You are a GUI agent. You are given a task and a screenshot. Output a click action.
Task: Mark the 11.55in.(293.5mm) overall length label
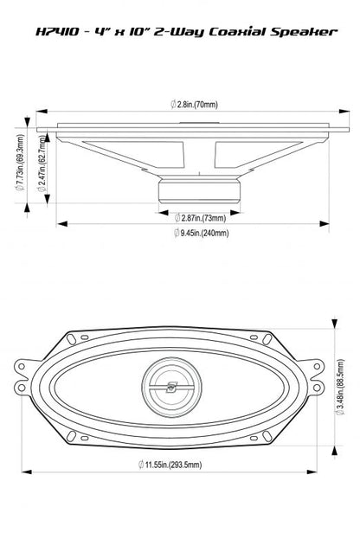(178, 465)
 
